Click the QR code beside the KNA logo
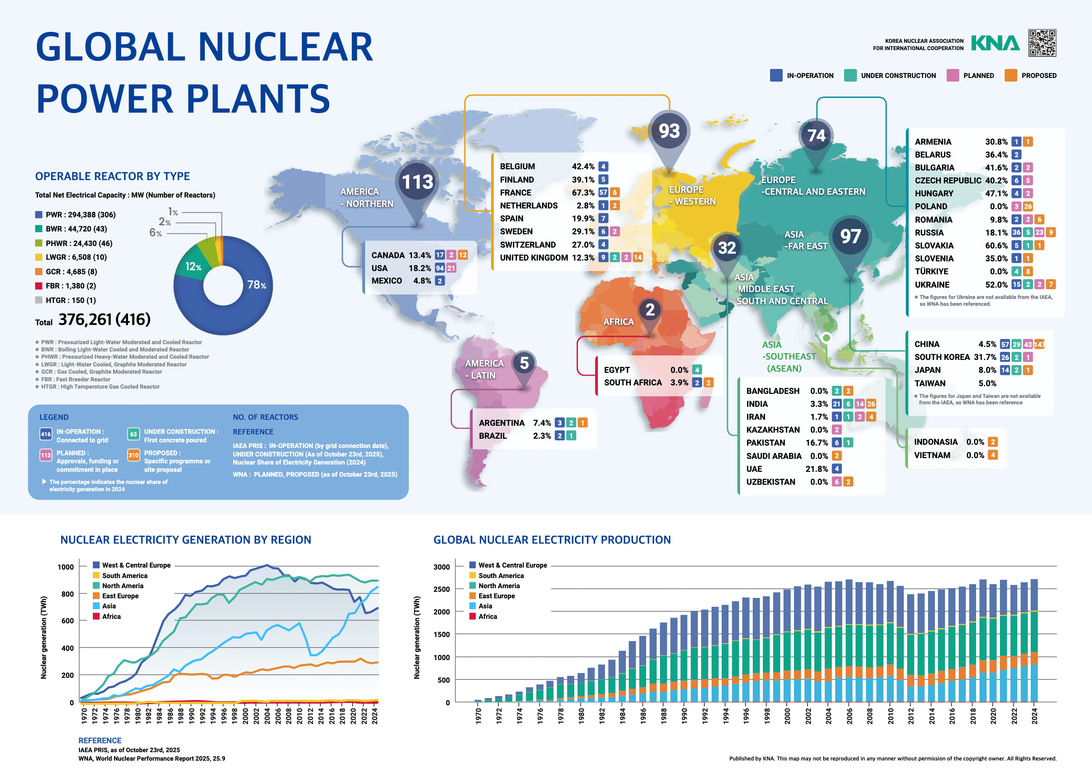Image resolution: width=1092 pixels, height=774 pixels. coord(1042,43)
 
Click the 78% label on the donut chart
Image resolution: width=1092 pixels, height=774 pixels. coord(256,285)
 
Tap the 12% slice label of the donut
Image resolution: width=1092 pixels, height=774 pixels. coord(193,267)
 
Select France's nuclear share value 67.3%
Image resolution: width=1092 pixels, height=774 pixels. coord(583,193)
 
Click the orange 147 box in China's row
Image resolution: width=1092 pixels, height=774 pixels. coord(1039,344)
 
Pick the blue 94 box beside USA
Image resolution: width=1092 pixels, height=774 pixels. coord(440,268)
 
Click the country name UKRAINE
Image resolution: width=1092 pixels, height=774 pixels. coord(932,284)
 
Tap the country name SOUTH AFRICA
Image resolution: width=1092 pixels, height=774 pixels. coord(633,382)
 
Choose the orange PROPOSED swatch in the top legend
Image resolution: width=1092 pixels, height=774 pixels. coord(1010,75)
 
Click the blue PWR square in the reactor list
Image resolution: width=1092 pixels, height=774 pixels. coord(39,215)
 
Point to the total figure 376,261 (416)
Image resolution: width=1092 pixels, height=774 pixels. coord(104,319)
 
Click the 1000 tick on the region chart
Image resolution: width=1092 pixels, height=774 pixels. coord(65,567)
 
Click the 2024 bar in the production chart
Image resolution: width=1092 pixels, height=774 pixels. coord(1034,641)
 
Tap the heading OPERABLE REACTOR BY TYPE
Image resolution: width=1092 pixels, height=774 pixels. coord(112,177)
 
